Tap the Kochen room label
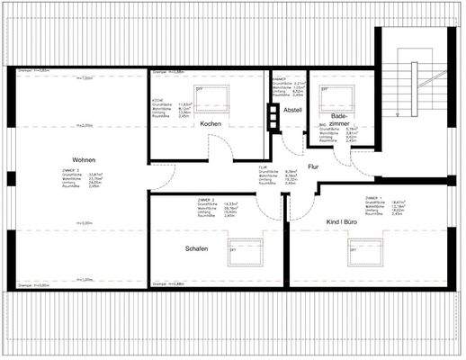coord(211,123)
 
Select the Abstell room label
coord(292,111)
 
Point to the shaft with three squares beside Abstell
coord(274,114)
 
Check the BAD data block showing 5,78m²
coord(334,134)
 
